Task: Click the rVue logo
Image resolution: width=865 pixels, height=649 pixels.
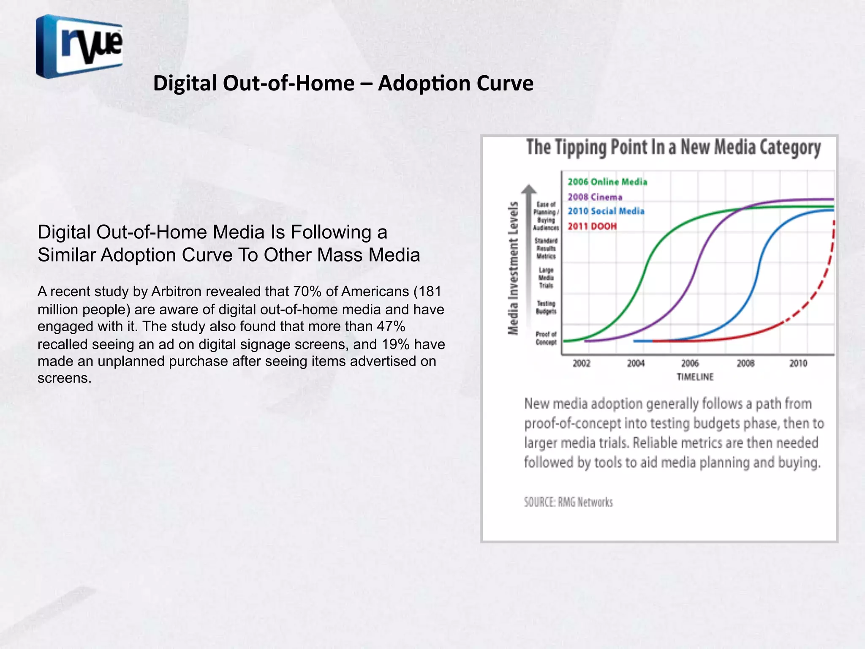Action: pyautogui.click(x=79, y=46)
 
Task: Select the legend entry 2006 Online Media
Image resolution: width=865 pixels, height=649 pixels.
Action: pyautogui.click(x=607, y=182)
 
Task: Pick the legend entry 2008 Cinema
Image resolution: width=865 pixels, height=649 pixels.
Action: pyautogui.click(x=595, y=197)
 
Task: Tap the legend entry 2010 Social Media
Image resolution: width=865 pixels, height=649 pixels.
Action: pyautogui.click(x=606, y=211)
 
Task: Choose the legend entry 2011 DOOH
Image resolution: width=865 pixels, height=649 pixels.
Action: pyautogui.click(x=592, y=226)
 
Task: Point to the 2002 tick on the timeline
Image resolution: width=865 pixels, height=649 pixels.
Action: pyautogui.click(x=581, y=363)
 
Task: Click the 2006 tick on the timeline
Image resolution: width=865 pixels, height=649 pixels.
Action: pyautogui.click(x=690, y=363)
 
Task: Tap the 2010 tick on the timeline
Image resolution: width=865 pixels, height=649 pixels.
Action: pyautogui.click(x=798, y=363)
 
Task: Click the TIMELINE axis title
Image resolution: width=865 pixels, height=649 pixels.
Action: pyautogui.click(x=695, y=377)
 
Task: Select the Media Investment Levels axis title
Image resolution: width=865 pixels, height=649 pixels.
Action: pyautogui.click(x=513, y=268)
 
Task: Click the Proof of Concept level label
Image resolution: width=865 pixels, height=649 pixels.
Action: pyautogui.click(x=546, y=338)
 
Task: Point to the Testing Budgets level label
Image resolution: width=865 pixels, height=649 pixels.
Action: pyautogui.click(x=546, y=308)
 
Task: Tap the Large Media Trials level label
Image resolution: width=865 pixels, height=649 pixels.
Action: pyautogui.click(x=546, y=278)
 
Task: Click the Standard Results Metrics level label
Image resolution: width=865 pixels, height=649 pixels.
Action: pyautogui.click(x=546, y=248)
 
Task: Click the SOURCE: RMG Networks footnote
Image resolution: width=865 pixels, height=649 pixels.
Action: pyautogui.click(x=568, y=502)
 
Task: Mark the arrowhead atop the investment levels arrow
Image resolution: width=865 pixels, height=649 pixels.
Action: pyautogui.click(x=528, y=189)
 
